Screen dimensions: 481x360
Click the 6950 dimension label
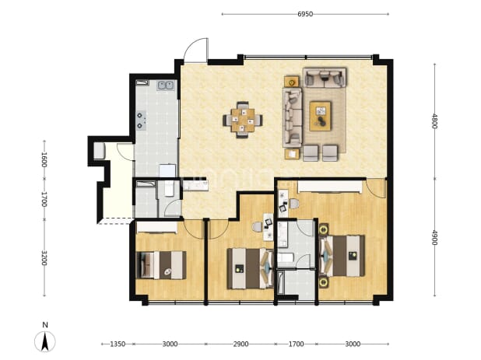click(x=305, y=14)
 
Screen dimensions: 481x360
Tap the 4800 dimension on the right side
click(x=434, y=121)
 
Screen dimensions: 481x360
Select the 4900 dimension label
click(x=434, y=237)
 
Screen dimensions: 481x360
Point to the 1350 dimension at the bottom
click(x=118, y=344)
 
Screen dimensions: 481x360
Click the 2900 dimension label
click(x=240, y=344)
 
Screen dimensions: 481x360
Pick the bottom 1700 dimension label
click(x=296, y=344)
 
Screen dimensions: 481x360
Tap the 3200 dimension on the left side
click(x=44, y=257)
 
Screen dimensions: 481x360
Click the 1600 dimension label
click(x=44, y=159)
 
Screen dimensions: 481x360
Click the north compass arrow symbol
click(x=45, y=341)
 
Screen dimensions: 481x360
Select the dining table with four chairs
click(x=243, y=120)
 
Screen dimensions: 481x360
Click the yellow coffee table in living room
click(x=320, y=116)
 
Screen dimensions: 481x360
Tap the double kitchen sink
click(x=166, y=86)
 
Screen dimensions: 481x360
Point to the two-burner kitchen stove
click(x=141, y=120)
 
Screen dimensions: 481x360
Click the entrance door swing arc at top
click(x=191, y=45)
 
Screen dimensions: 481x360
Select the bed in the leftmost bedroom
click(x=161, y=265)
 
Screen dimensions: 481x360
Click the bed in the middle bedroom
click(x=250, y=268)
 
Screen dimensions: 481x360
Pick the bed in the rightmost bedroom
click(x=342, y=256)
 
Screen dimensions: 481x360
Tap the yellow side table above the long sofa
click(x=291, y=82)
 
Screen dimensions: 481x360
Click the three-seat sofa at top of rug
click(x=325, y=78)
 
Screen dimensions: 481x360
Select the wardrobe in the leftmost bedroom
click(x=156, y=227)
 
